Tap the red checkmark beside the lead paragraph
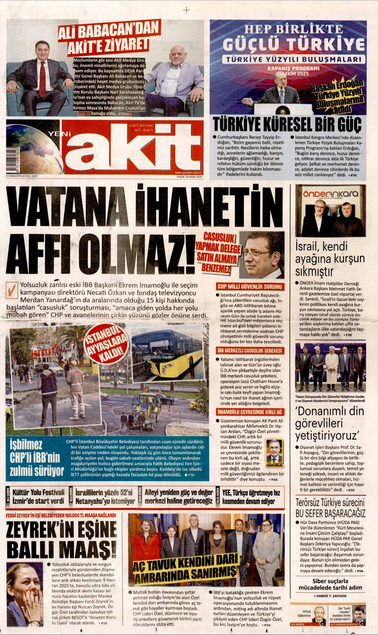tap(12, 290)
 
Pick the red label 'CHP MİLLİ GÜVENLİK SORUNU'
tap(250, 286)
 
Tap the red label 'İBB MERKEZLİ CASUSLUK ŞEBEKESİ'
tap(250, 351)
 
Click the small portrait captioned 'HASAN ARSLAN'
tap(274, 452)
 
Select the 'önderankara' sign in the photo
tap(330, 194)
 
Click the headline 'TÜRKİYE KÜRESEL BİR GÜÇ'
tap(287, 125)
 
